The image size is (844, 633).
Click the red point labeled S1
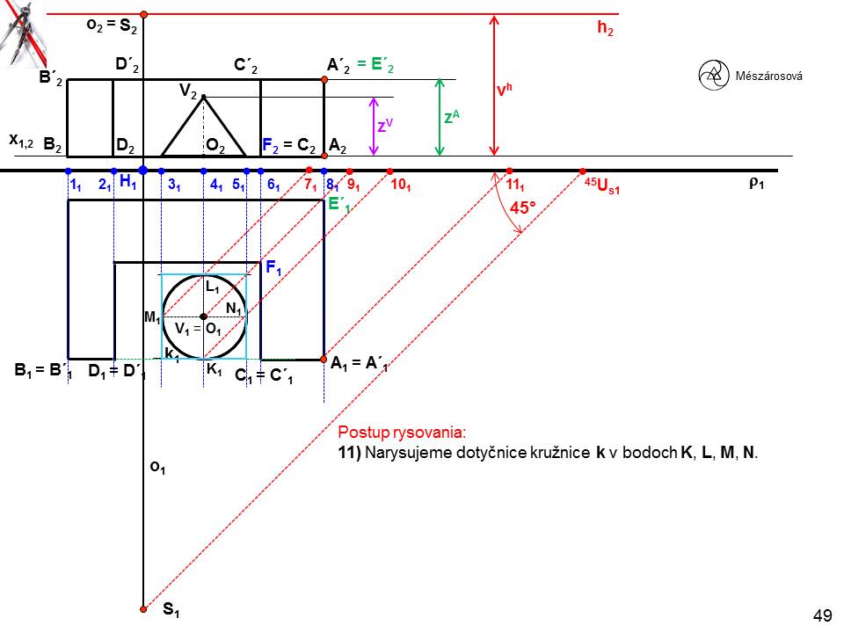click(143, 607)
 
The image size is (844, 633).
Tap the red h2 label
click(605, 28)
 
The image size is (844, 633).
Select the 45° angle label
click(525, 208)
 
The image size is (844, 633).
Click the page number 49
click(823, 615)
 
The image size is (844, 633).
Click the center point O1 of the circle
click(203, 316)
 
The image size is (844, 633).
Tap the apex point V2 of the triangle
click(204, 97)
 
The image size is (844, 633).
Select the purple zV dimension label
click(384, 126)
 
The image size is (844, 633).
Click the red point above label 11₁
click(509, 171)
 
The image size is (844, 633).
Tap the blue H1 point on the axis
click(142, 170)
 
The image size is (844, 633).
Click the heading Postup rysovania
click(401, 433)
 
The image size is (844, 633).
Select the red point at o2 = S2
click(143, 15)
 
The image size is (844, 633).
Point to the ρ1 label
click(755, 184)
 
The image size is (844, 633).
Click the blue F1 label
click(273, 269)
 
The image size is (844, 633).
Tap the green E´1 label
click(338, 205)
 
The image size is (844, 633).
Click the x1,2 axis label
click(21, 140)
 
